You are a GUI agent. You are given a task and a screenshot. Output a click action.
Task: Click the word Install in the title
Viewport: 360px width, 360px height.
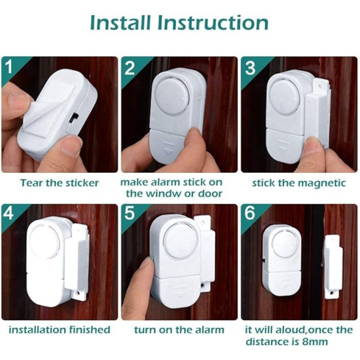(x=120, y=23)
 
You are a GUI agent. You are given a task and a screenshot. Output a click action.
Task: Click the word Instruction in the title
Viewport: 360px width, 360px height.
(x=213, y=23)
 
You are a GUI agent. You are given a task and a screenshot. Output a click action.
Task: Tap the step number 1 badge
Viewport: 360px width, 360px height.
(x=9, y=67)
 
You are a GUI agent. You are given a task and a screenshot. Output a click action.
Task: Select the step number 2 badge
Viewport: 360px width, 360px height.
(x=129, y=67)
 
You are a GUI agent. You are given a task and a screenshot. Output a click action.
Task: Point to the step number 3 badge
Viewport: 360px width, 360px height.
(x=250, y=67)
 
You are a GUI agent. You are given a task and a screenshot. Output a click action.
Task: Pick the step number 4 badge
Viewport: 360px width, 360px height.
(x=9, y=213)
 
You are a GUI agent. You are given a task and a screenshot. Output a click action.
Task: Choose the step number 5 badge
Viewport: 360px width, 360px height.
(x=129, y=213)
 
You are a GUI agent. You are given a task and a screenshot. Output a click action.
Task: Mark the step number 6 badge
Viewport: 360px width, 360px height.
(x=250, y=213)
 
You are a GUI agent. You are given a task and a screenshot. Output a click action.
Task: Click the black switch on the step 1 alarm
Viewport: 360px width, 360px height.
(x=74, y=117)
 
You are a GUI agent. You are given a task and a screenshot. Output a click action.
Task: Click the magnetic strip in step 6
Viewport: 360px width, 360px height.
(x=332, y=266)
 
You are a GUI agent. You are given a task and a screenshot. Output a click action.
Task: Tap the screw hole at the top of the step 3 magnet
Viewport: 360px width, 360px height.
(x=319, y=86)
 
